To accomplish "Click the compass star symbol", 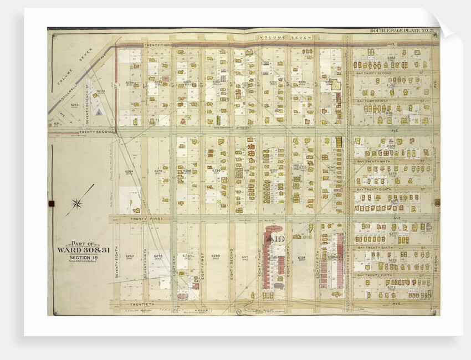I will point(76,203).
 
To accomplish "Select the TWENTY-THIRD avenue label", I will point(157,45).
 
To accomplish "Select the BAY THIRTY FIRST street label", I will point(377,101).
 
